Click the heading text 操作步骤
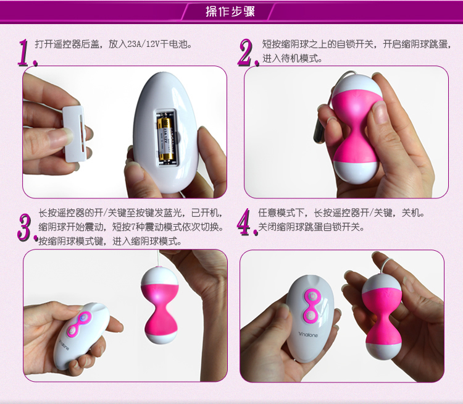tap(230, 12)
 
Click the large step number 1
tap(27, 53)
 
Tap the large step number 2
tap(248, 53)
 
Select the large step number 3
tap(27, 227)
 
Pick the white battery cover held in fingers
tap(74, 134)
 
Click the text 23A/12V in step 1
tap(143, 44)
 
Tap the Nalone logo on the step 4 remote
tap(308, 335)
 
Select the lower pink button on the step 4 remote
tap(310, 316)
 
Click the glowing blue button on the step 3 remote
tap(84, 318)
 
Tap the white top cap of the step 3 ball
tap(159, 276)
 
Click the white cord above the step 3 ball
tap(159, 258)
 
